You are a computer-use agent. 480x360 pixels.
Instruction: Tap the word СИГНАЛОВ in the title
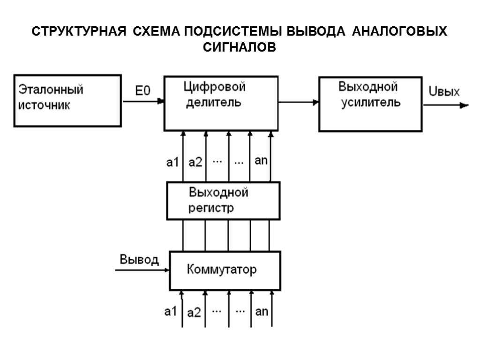click(240, 47)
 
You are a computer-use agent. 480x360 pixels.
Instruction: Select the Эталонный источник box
click(67, 100)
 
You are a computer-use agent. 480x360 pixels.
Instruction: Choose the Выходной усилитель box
click(370, 104)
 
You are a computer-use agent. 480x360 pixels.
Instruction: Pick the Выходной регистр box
click(223, 201)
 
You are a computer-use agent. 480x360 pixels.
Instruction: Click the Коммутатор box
click(225, 270)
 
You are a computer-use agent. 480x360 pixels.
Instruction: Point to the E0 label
click(143, 91)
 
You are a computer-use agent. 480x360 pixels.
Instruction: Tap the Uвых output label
click(444, 92)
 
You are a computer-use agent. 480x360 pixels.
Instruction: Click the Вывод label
click(139, 260)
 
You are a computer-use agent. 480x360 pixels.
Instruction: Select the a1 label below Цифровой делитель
click(173, 163)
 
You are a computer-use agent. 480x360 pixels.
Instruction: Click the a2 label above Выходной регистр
click(195, 163)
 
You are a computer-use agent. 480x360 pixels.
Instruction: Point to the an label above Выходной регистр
click(261, 161)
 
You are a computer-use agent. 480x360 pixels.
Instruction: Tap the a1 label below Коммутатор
click(171, 311)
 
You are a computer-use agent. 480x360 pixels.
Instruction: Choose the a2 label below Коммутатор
click(194, 313)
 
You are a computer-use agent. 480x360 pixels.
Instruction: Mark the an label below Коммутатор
click(262, 311)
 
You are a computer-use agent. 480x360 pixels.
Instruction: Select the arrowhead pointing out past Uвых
click(464, 105)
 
